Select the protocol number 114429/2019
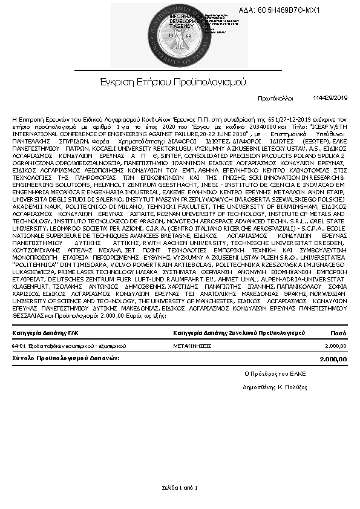point(331,97)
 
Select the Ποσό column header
point(338,333)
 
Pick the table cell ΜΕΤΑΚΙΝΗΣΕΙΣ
point(192,346)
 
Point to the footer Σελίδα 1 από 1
point(180,487)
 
